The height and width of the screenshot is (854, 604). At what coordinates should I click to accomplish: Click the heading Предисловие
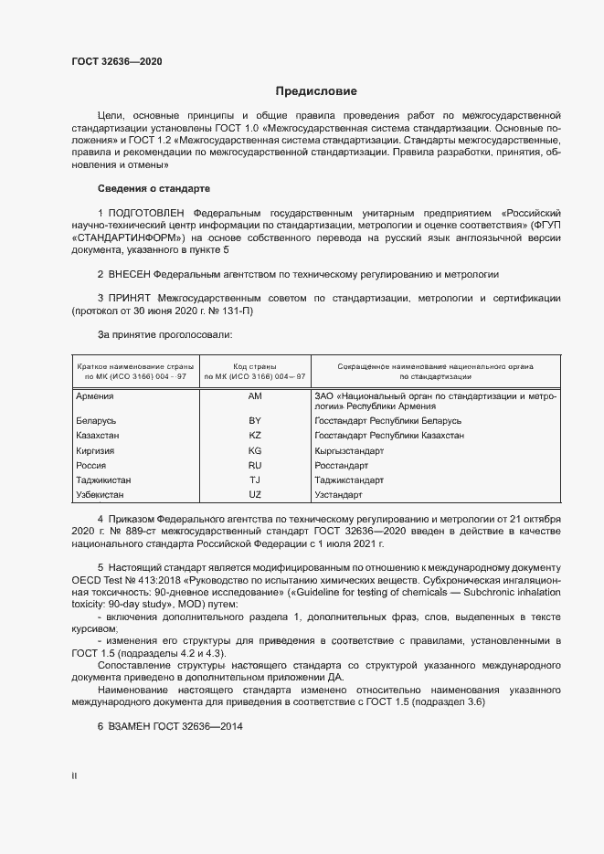[316, 91]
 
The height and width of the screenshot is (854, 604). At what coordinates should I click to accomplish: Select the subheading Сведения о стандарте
[154, 188]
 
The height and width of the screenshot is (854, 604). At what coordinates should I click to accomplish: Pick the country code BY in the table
[255, 421]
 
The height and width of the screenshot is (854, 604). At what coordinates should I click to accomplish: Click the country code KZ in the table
[255, 436]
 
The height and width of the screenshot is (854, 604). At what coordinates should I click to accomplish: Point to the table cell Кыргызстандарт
[350, 450]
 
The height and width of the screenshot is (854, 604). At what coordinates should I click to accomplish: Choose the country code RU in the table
[255, 465]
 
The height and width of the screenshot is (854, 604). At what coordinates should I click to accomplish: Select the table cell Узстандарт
[338, 494]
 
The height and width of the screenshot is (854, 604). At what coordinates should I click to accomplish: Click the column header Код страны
[255, 365]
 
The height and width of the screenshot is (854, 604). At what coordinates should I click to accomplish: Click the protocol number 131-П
[235, 311]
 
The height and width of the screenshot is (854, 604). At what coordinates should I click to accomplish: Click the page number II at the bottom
[75, 775]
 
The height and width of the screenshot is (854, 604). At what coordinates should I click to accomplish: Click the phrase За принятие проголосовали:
[158, 335]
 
